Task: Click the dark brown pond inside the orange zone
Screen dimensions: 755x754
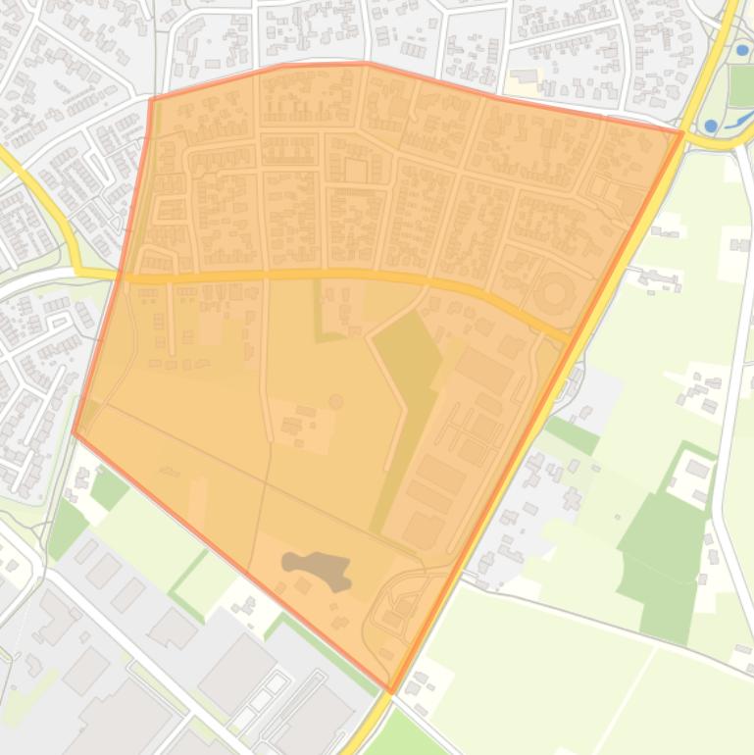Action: tap(317, 570)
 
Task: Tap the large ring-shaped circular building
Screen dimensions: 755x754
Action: tap(556, 293)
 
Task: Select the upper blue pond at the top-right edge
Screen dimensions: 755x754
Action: tap(743, 49)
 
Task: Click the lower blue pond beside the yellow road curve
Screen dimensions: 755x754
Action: tap(711, 126)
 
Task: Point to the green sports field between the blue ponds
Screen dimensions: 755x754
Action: tap(740, 87)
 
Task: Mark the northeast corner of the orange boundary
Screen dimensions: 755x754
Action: tap(682, 131)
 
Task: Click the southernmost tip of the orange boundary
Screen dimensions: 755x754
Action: tap(391, 692)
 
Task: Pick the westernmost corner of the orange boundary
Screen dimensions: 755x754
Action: tap(75, 431)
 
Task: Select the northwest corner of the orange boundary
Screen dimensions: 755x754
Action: tap(151, 99)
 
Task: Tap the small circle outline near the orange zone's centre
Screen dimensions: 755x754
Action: tap(336, 401)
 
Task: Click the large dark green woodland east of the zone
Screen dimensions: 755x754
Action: tap(662, 549)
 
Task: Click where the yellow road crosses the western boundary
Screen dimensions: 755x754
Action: tap(122, 277)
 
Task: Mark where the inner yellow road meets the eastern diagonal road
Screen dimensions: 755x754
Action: tap(570, 339)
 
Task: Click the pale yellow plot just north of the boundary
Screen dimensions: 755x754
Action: tap(524, 76)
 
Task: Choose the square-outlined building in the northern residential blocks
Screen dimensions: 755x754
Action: tap(355, 173)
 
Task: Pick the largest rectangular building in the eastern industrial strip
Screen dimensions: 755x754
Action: tap(482, 370)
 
